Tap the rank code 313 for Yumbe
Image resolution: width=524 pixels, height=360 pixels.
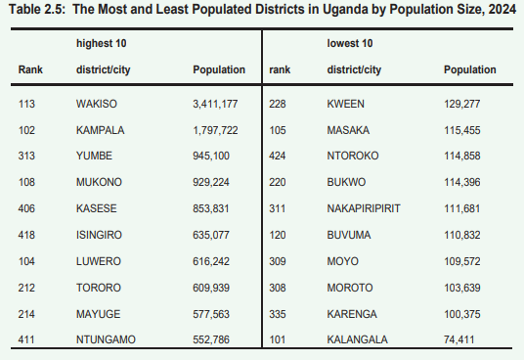point(27,156)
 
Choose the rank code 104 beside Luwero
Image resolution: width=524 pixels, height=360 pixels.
point(27,261)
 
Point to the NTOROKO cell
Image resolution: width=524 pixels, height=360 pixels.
point(353,156)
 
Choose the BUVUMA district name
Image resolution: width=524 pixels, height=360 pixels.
point(348,235)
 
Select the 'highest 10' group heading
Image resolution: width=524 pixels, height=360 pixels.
point(102,44)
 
